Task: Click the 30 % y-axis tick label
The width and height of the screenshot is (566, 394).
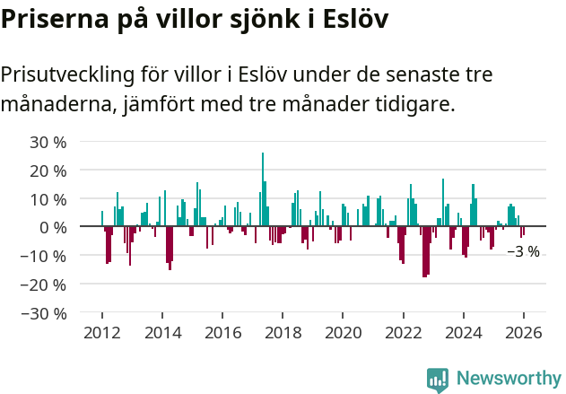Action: [x=48, y=142]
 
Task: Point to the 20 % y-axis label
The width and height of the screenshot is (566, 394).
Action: [x=48, y=171]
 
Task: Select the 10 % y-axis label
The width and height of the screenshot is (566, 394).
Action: [x=48, y=199]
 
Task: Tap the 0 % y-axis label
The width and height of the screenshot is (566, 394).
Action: [x=53, y=227]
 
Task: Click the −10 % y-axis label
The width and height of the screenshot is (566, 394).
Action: [x=44, y=256]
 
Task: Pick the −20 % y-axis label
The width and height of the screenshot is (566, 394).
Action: [x=44, y=285]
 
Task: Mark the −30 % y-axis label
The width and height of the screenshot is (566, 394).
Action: [x=44, y=313]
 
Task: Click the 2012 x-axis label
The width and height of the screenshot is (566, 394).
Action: [x=101, y=333]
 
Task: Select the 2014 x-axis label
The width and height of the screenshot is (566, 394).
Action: [x=162, y=333]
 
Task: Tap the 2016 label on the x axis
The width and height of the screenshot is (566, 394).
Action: [x=222, y=333]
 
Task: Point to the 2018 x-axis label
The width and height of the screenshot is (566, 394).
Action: [x=283, y=333]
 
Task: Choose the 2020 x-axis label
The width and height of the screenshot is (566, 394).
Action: [x=343, y=333]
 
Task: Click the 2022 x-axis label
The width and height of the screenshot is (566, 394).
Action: [x=403, y=333]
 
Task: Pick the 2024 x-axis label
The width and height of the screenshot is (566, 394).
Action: [x=464, y=333]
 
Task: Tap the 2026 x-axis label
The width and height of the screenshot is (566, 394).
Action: [x=524, y=333]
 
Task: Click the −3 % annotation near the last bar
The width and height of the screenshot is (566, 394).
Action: [x=523, y=252]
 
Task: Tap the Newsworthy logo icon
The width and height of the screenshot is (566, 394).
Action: [x=438, y=379]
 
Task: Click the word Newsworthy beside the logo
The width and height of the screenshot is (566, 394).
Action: [x=508, y=379]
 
